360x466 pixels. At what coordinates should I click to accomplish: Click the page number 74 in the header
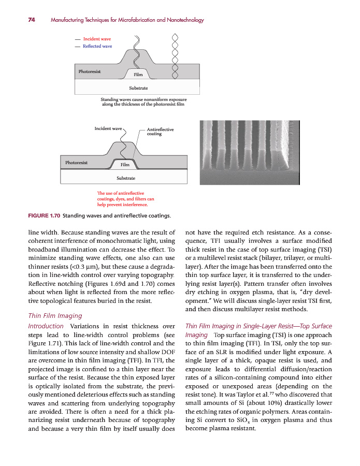(31, 20)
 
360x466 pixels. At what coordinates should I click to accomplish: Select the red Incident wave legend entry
(97, 39)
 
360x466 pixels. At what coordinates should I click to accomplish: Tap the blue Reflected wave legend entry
(97, 46)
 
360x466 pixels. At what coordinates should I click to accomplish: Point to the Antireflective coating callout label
(160, 132)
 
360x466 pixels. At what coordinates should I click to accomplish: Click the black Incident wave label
(108, 128)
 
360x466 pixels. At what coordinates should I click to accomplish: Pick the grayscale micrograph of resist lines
(248, 153)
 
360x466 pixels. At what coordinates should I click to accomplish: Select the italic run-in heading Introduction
(46, 326)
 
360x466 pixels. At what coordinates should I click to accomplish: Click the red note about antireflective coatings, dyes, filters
(125, 199)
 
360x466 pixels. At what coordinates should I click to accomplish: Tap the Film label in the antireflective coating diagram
(124, 165)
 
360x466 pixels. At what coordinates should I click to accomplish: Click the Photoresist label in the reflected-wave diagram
(89, 71)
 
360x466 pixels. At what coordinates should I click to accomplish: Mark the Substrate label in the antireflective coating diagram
(126, 178)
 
